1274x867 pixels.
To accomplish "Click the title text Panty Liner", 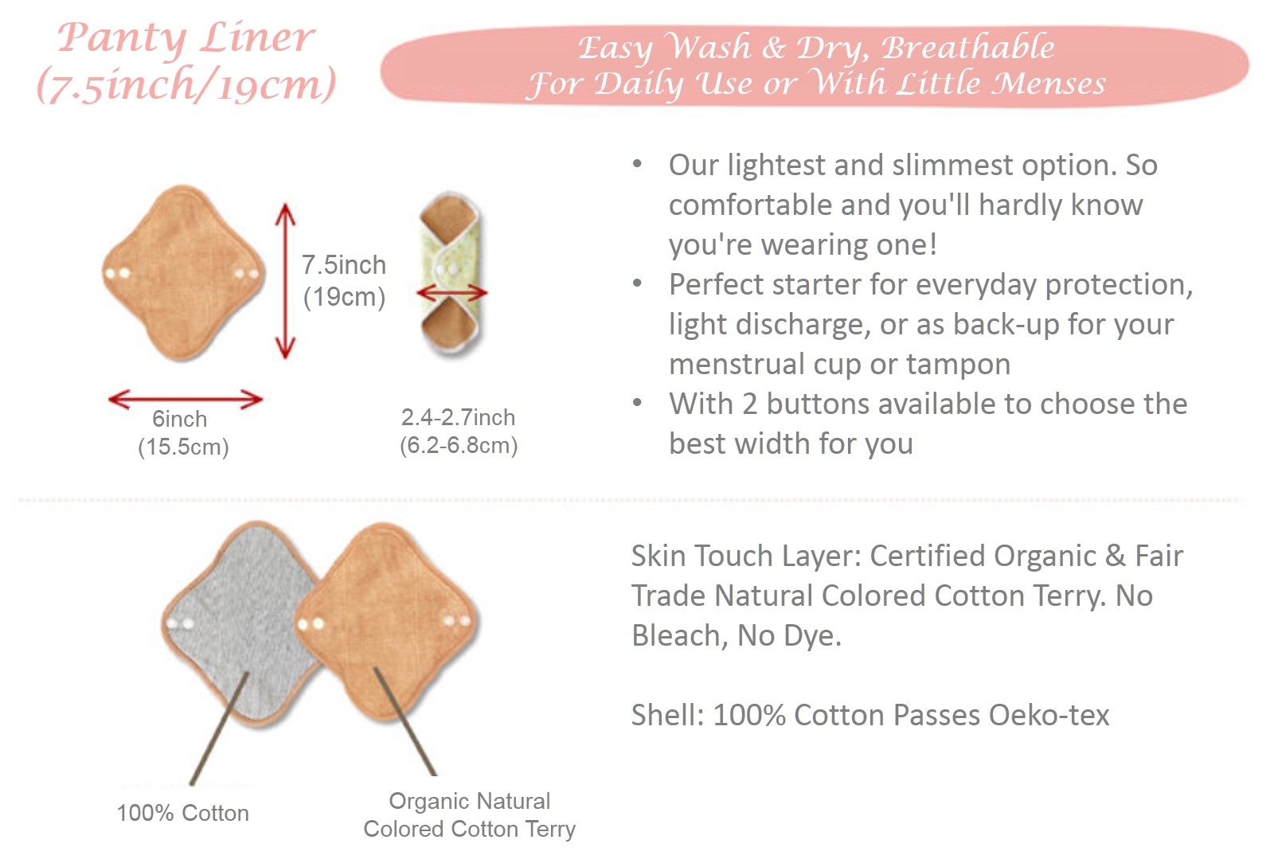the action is click(x=186, y=39).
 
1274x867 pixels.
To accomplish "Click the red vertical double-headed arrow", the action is click(x=285, y=281).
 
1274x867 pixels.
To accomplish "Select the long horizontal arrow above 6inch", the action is click(x=186, y=399).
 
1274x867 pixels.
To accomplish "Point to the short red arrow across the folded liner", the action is click(x=452, y=293).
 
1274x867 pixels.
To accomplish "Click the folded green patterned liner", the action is click(x=451, y=274).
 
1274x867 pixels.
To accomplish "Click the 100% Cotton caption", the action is click(x=182, y=813).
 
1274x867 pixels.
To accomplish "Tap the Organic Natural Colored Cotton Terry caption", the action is click(x=469, y=814).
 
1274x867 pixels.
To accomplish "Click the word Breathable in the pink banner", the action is click(x=968, y=47).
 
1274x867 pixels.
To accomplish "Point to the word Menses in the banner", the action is click(x=1049, y=84).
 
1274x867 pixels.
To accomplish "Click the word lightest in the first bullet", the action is click(x=776, y=165).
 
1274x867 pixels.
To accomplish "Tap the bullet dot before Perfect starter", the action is click(x=637, y=283).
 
